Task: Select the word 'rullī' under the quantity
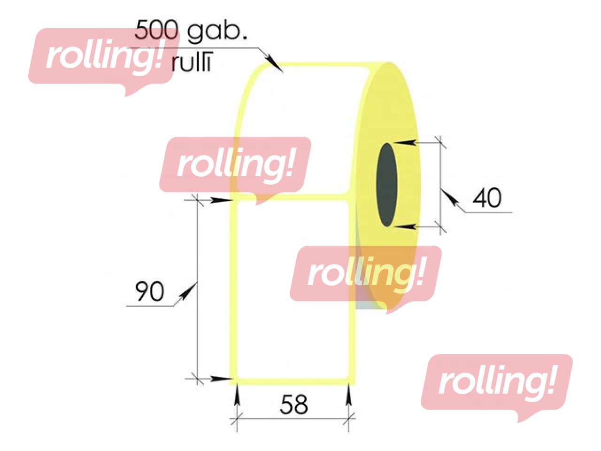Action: coord(191,63)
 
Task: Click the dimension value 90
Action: coord(149,291)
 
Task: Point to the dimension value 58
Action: coord(294,404)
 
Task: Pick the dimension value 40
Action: coord(487,197)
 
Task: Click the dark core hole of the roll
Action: coord(387,184)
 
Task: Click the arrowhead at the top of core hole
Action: coord(405,142)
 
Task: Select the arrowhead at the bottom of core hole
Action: coord(405,227)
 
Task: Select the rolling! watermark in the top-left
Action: coord(103,56)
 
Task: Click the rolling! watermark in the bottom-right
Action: coord(496,383)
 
